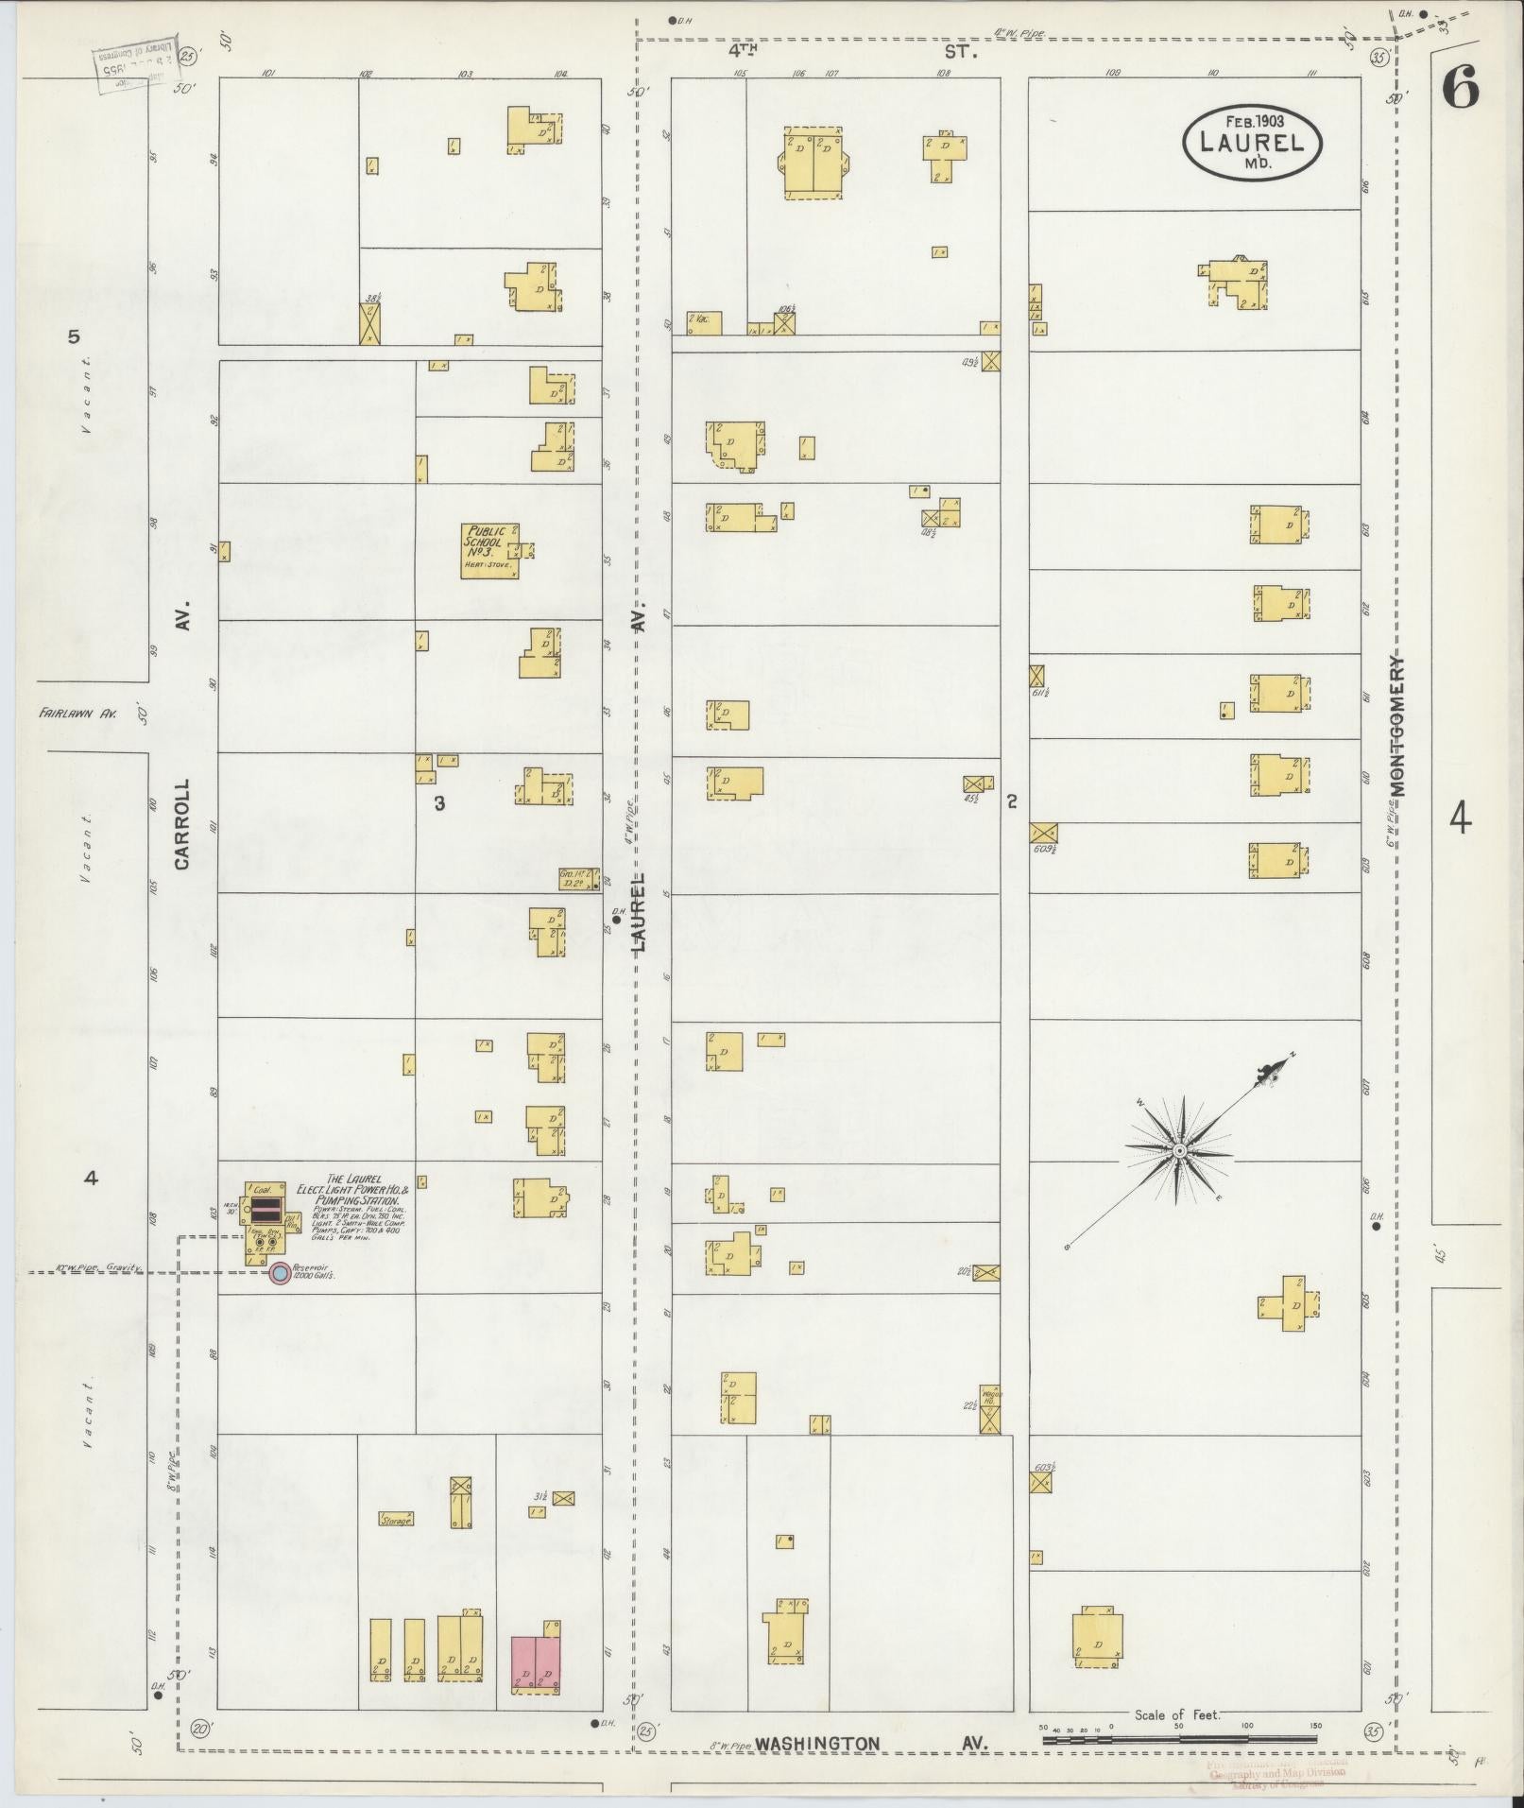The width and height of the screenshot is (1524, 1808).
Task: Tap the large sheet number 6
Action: point(1461,92)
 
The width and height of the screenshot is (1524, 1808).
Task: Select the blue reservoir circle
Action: point(280,1273)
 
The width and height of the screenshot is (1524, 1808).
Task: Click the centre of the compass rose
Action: point(1179,1150)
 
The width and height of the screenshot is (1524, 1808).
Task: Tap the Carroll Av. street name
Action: point(183,822)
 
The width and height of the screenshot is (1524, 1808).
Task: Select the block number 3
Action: point(439,803)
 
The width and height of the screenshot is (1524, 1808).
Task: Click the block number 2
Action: point(1012,801)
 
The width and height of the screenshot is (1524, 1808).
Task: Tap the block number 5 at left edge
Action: point(75,336)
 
